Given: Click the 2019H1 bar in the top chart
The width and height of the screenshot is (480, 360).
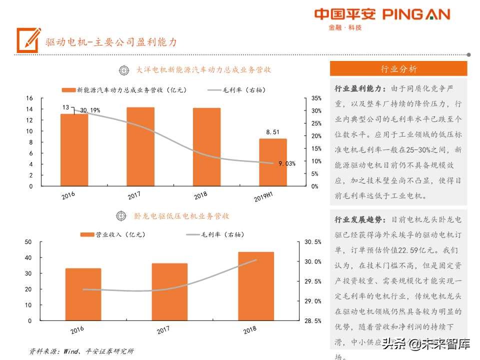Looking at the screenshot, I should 273,162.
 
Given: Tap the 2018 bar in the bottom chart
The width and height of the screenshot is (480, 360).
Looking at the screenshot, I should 255,286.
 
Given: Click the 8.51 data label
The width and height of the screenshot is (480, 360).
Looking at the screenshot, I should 273,132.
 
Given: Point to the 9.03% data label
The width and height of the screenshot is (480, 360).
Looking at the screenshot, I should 287,163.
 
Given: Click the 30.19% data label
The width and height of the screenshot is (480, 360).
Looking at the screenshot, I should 90,110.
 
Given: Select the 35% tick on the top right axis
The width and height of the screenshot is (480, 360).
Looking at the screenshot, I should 316,98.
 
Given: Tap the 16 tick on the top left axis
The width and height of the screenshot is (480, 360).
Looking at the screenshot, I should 30,98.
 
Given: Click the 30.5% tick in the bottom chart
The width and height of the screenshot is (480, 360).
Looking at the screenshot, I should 312,242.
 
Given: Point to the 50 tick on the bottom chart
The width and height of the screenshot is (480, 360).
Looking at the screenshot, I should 28,242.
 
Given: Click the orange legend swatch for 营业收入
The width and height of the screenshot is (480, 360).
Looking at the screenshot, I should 87,234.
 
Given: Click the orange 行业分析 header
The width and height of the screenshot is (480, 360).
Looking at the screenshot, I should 398,69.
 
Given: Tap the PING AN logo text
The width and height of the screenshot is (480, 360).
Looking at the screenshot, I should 416,14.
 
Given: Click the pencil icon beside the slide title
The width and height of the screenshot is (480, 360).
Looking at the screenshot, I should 28,39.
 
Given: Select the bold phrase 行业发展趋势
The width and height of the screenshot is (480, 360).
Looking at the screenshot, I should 360,219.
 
